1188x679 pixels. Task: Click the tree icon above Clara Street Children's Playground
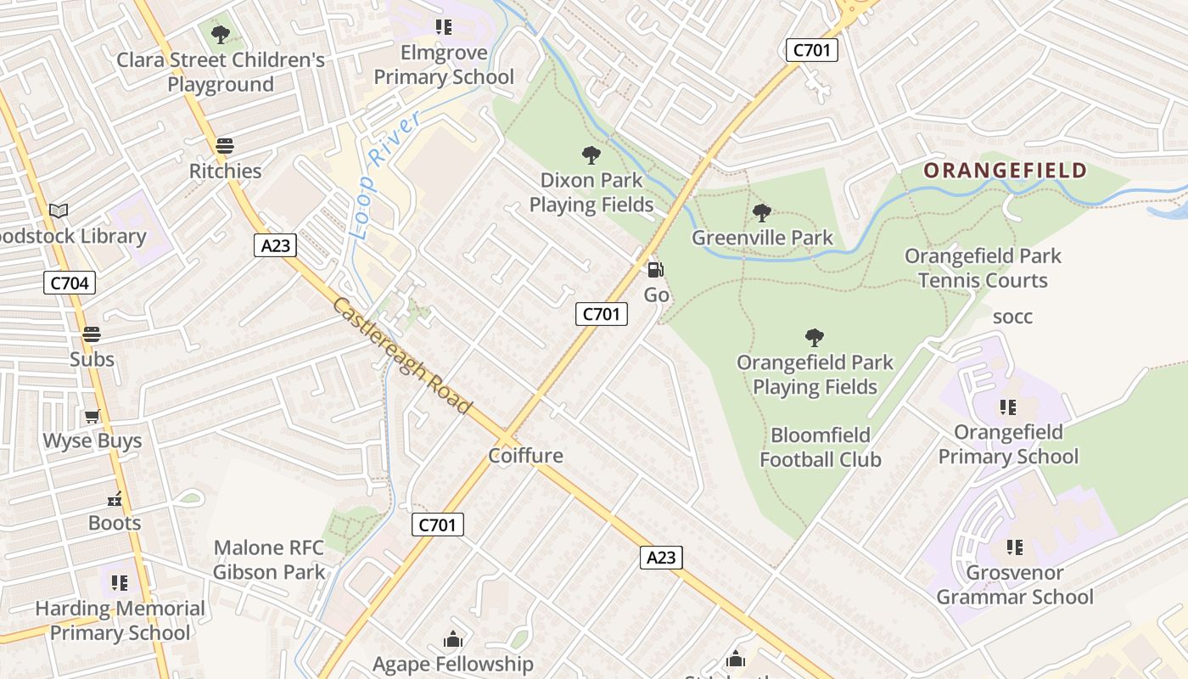point(221,35)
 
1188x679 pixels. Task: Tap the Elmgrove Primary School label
point(444,65)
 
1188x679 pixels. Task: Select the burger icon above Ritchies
point(225,146)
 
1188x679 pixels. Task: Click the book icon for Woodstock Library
point(59,210)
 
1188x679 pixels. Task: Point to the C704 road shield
point(70,283)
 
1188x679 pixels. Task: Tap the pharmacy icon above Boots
point(115,499)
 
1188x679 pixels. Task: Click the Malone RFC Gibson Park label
point(269,560)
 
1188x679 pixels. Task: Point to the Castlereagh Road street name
point(401,356)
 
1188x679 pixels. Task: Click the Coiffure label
point(525,456)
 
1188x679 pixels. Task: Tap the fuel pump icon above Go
point(656,270)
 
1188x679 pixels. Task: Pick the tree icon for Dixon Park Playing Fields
point(591,154)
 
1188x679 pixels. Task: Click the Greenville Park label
point(762,238)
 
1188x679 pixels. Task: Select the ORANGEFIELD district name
point(1005,171)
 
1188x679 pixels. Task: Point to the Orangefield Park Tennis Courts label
point(983,268)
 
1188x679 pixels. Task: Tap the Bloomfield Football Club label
point(820,447)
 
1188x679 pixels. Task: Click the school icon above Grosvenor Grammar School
point(1014,547)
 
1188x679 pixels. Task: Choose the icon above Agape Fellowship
point(453,639)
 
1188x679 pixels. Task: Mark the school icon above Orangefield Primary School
point(1008,407)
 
